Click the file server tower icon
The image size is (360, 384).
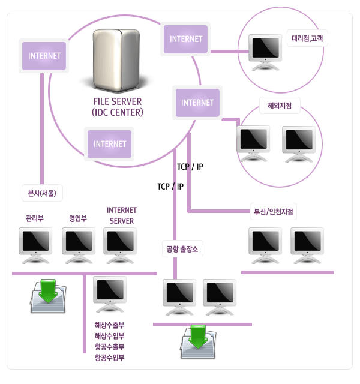pos(118,60)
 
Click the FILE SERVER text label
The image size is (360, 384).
pos(118,101)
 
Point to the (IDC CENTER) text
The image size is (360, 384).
pos(118,112)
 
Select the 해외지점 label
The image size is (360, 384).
pos(280,106)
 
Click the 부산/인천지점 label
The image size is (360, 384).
pos(273,212)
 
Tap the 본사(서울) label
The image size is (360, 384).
pos(41,193)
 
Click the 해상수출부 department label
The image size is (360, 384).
pos(109,325)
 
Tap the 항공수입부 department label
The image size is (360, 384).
pos(109,358)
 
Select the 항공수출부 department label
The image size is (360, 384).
pos(109,347)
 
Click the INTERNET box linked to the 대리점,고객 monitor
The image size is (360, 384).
pos(186,39)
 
